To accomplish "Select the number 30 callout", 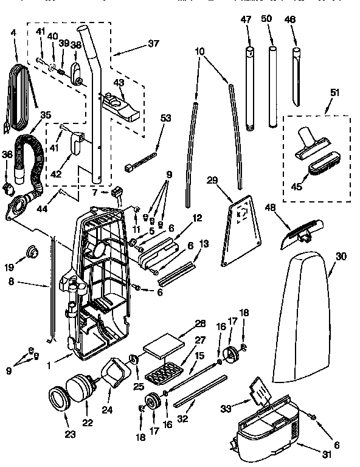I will [341, 257].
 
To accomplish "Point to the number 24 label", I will [107, 409].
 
